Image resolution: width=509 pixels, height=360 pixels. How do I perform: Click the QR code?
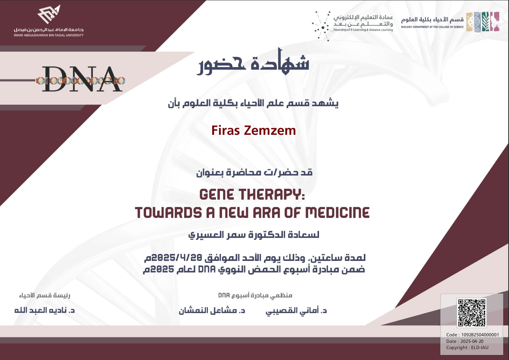click(471, 313)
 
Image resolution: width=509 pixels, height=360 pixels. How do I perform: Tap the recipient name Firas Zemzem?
click(254, 130)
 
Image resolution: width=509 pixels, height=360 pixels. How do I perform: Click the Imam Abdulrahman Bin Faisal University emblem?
click(49, 14)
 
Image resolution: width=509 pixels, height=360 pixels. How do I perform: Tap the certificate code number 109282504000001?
click(480, 335)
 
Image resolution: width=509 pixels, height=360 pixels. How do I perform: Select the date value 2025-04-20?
click(472, 341)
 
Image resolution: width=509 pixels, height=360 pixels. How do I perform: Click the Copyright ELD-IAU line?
click(467, 348)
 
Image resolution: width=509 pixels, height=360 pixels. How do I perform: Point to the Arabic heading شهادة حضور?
click(253, 62)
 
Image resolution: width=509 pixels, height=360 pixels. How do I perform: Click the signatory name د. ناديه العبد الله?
click(44, 310)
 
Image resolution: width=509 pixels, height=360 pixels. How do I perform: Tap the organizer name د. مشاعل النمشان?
click(212, 310)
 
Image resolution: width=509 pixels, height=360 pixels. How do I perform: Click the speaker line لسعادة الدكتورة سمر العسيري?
click(254, 235)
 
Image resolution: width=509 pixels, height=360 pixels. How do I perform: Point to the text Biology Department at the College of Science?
click(432, 27)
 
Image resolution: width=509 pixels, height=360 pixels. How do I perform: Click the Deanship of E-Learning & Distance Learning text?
click(363, 30)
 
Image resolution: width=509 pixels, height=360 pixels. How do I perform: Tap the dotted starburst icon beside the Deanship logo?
click(321, 26)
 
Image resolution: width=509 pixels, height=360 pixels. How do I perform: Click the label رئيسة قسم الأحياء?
click(45, 295)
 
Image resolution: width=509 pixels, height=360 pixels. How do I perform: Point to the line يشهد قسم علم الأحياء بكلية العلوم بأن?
click(253, 103)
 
